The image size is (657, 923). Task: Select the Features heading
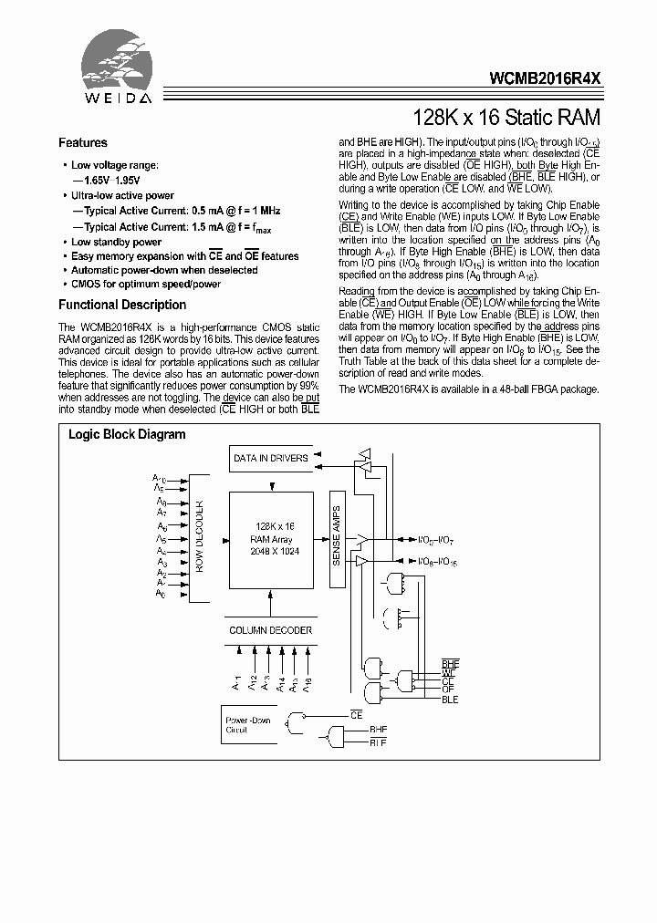pyautogui.click(x=82, y=142)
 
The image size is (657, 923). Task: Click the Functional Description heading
pyautogui.click(x=122, y=305)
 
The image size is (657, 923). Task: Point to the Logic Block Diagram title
pyautogui.click(x=127, y=434)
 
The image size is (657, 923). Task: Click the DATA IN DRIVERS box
pyautogui.click(x=270, y=458)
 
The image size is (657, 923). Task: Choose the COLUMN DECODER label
pyautogui.click(x=270, y=630)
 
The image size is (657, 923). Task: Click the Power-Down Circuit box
pyautogui.click(x=249, y=726)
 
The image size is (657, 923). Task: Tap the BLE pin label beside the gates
pyautogui.click(x=450, y=700)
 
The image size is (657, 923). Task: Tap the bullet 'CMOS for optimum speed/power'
pyautogui.click(x=146, y=284)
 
